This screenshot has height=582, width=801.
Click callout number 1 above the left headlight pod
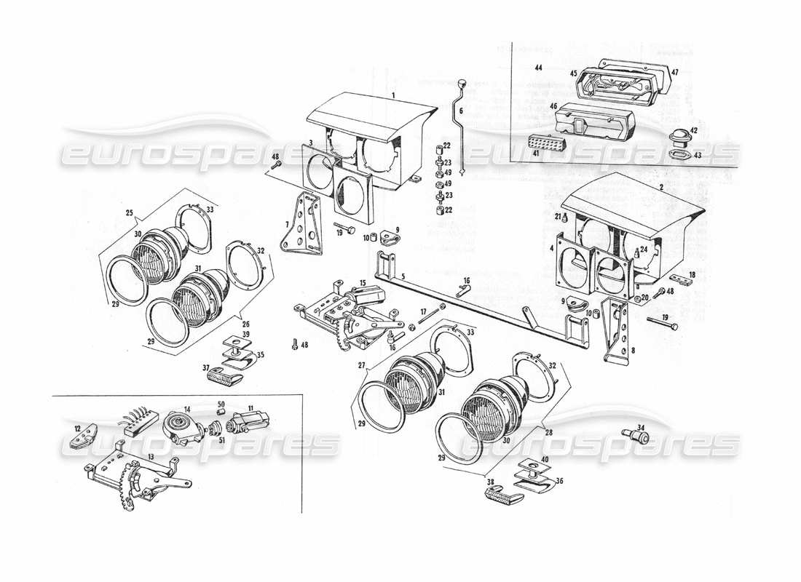[x=393, y=96]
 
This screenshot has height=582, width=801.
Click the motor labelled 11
[x=248, y=422]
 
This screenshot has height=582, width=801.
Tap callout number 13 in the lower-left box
[x=150, y=457]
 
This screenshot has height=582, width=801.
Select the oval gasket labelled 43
[x=680, y=155]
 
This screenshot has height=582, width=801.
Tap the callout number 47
[x=675, y=72]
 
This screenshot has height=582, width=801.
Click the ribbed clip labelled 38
[x=502, y=496]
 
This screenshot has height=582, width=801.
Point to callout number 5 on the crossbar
[x=403, y=276]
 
